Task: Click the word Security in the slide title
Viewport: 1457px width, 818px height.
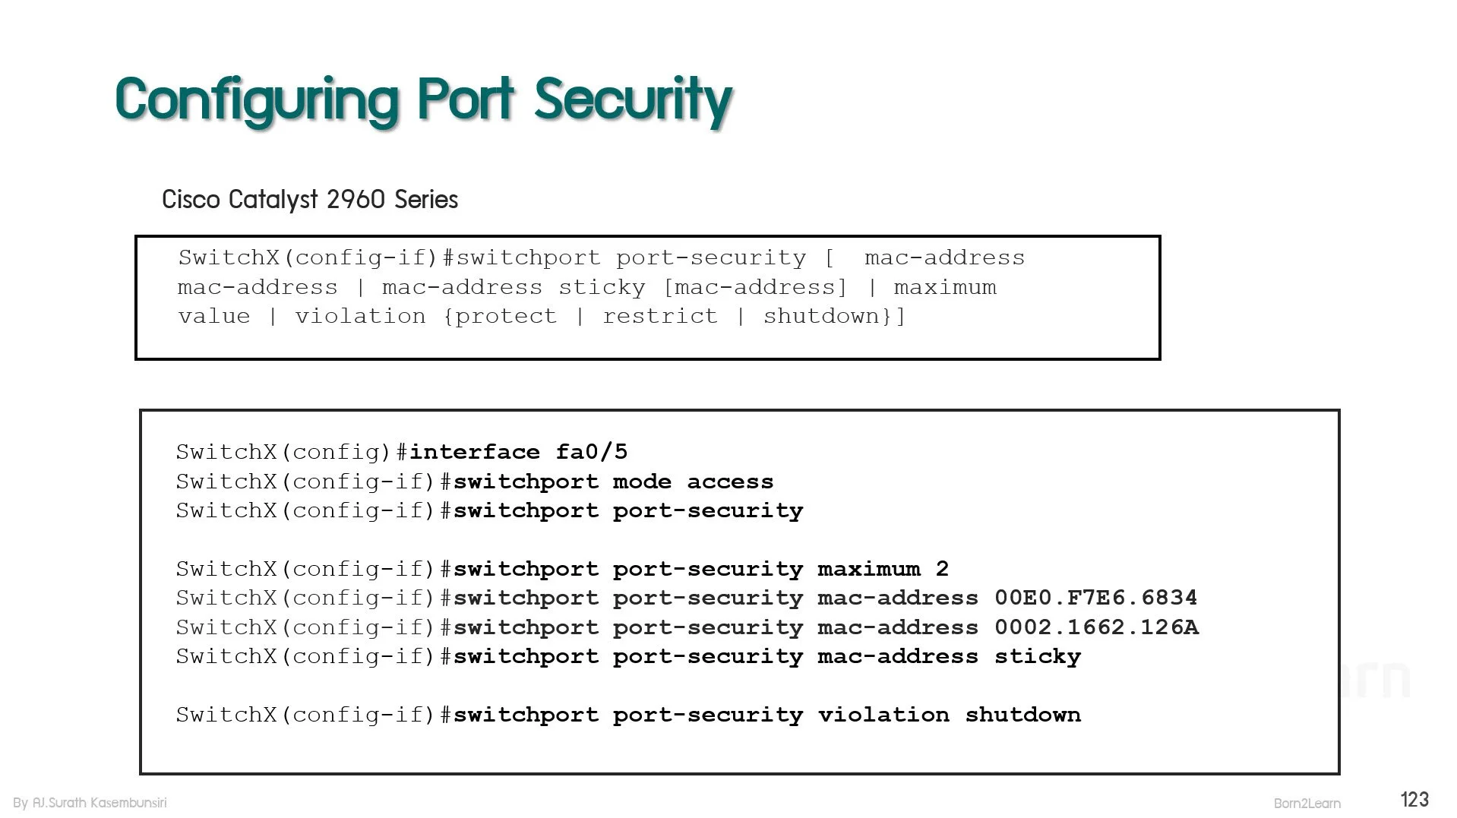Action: tap(634, 99)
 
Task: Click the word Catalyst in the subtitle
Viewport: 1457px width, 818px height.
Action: tap(273, 200)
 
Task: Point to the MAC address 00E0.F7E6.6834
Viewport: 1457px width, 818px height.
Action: tap(1096, 598)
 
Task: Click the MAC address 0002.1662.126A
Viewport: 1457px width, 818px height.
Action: tap(1096, 627)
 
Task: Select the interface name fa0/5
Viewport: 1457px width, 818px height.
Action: tap(592, 452)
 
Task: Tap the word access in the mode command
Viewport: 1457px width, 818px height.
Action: tap(730, 482)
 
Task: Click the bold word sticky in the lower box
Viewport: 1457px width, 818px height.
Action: tap(1038, 657)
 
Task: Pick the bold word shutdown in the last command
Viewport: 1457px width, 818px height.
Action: tap(1022, 715)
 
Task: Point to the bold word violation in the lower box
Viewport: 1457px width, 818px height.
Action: tap(883, 715)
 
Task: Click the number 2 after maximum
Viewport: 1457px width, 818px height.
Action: tap(942, 569)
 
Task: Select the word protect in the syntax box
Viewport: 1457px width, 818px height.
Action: tap(505, 316)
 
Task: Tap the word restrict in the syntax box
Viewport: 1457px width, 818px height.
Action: tap(659, 316)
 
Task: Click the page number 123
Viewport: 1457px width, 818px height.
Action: tap(1414, 799)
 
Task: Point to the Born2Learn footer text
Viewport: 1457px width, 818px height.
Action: tap(1307, 803)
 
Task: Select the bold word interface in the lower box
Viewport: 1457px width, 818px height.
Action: tap(475, 452)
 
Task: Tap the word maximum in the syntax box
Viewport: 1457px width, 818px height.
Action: tap(945, 287)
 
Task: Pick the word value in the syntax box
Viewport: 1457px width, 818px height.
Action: tap(214, 316)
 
